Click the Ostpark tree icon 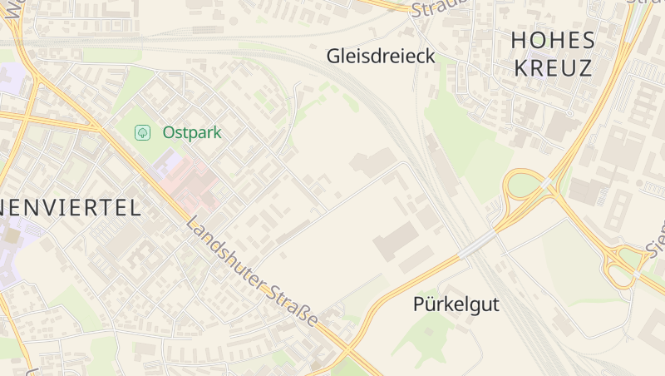coord(142,132)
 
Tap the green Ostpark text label coord(192,132)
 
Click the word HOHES coord(553,40)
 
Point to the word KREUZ coord(553,67)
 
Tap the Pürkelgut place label coord(456,304)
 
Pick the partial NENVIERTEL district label coord(70,208)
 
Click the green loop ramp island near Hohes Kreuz coord(520,184)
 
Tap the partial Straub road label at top coord(434,8)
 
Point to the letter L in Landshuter coord(193,225)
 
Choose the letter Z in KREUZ coord(585,67)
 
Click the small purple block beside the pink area coord(163,163)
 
